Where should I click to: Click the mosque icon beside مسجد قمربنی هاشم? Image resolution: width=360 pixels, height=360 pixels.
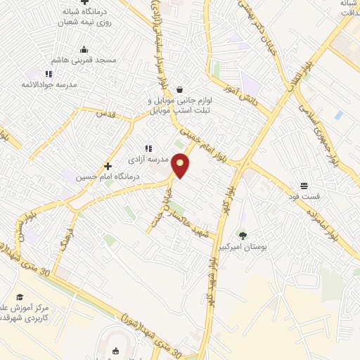[84, 49]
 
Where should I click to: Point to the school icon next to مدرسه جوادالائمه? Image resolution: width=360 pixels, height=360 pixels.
[49, 73]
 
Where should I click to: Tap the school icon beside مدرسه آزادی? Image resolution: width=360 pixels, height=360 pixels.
[148, 148]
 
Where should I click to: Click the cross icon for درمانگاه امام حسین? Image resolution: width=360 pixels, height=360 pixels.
[108, 166]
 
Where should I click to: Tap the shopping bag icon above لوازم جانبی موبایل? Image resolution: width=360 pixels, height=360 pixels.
[181, 89]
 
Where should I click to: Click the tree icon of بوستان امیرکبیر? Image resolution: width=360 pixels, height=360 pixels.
[243, 236]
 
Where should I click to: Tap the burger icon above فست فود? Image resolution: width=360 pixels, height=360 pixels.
[303, 186]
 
